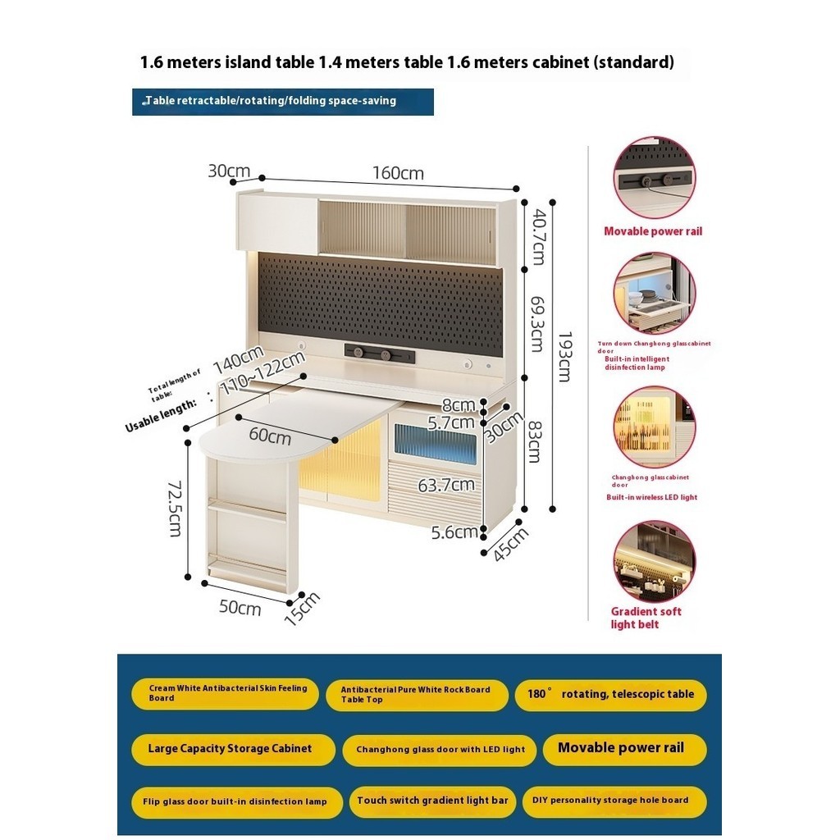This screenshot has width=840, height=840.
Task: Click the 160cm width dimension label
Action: (x=398, y=173)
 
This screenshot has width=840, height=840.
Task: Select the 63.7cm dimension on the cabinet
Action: (x=447, y=485)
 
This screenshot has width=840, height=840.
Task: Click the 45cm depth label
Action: (x=510, y=544)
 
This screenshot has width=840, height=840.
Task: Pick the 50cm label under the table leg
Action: (x=240, y=608)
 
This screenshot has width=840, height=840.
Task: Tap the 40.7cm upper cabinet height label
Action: (x=537, y=236)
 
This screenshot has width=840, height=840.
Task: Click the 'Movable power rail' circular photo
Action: (x=654, y=178)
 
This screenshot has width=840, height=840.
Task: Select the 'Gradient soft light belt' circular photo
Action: (x=654, y=562)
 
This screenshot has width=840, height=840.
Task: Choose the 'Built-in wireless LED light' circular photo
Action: (x=654, y=427)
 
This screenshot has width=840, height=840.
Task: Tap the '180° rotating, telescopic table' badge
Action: (x=611, y=694)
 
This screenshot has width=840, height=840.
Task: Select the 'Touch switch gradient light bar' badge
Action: (x=432, y=801)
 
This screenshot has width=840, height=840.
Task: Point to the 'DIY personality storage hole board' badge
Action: (x=611, y=801)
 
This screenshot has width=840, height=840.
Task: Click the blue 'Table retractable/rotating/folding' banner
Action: (x=282, y=101)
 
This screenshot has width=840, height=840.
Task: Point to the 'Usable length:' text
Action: (x=162, y=415)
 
